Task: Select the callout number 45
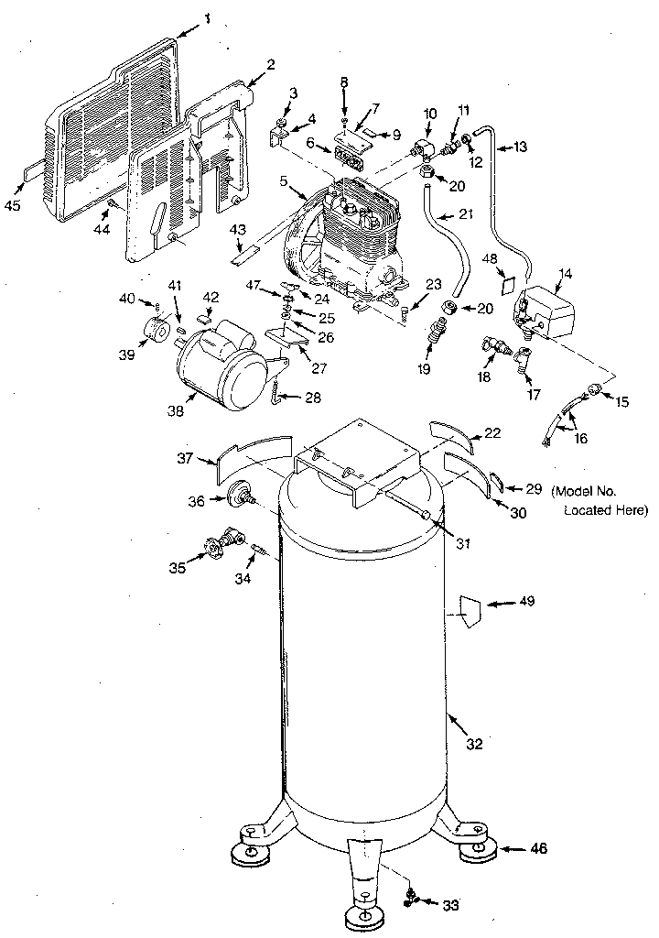click(x=12, y=205)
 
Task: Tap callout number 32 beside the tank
click(x=473, y=745)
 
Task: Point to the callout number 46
click(x=539, y=849)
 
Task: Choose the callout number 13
click(x=521, y=146)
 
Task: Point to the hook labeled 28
click(x=274, y=396)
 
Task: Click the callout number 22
click(x=492, y=433)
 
